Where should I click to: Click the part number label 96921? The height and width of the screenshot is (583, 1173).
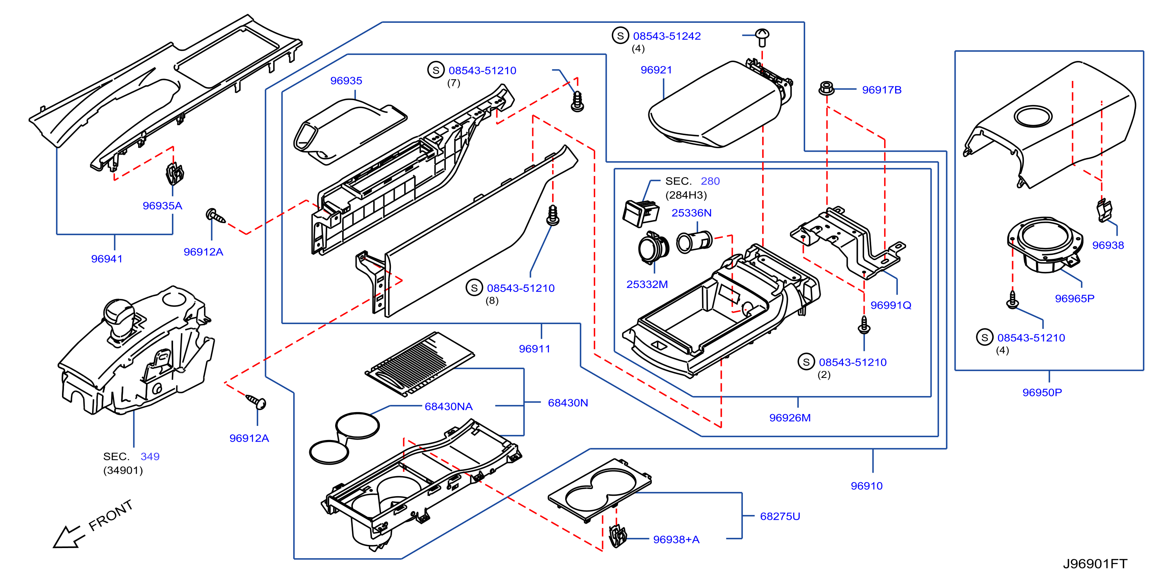pyautogui.click(x=656, y=70)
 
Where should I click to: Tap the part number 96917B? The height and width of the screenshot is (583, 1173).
pyautogui.click(x=881, y=90)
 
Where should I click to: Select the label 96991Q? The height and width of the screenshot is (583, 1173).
pyautogui.click(x=891, y=305)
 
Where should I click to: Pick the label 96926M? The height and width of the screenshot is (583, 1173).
pyautogui.click(x=790, y=418)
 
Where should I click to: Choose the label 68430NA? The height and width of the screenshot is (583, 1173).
pyautogui.click(x=449, y=406)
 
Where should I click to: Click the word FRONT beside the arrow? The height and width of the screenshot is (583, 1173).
pyautogui.click(x=111, y=515)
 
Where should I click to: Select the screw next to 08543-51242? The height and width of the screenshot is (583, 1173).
pyautogui.click(x=762, y=37)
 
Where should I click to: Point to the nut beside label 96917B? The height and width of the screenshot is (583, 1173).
pyautogui.click(x=826, y=88)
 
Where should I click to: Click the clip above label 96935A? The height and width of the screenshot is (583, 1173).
pyautogui.click(x=174, y=173)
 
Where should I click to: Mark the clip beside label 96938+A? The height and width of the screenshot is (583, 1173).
pyautogui.click(x=617, y=535)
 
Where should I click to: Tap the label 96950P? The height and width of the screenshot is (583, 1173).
pyautogui.click(x=1042, y=392)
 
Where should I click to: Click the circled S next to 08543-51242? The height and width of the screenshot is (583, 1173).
pyautogui.click(x=620, y=36)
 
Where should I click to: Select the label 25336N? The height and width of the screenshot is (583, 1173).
pyautogui.click(x=691, y=213)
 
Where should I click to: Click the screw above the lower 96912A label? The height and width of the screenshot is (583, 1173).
pyautogui.click(x=256, y=401)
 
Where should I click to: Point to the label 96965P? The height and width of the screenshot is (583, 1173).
pyautogui.click(x=1074, y=299)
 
